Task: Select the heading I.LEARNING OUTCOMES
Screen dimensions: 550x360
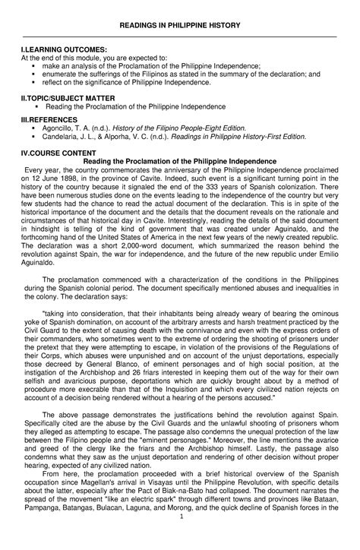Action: (x=56, y=50)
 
